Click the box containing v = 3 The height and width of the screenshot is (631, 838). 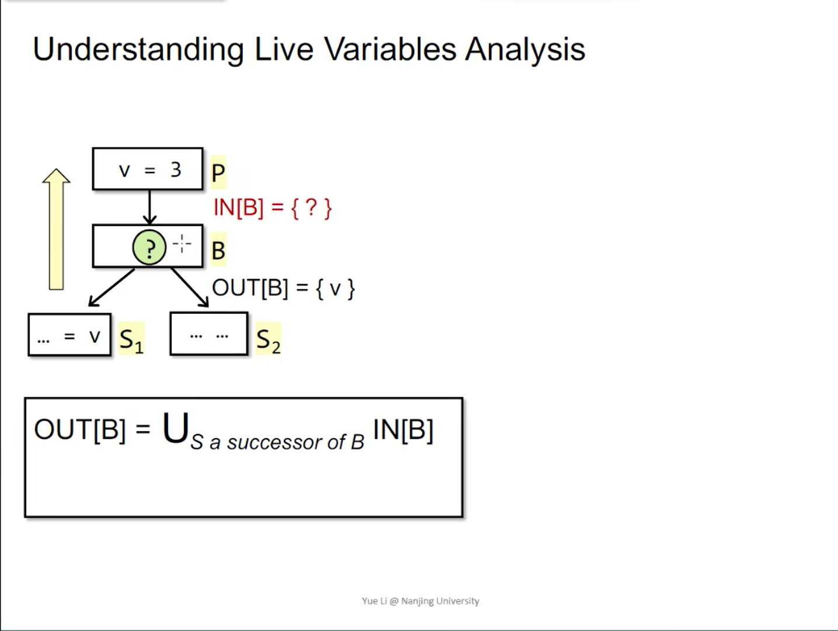coord(148,169)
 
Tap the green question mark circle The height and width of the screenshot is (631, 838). coord(149,248)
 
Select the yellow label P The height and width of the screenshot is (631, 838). coord(218,172)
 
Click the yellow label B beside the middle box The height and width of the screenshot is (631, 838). coord(218,251)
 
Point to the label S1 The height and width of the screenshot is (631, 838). coord(131,339)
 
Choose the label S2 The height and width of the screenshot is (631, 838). coord(268,339)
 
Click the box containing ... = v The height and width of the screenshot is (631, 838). coord(69,335)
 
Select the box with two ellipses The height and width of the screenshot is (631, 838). coord(208,334)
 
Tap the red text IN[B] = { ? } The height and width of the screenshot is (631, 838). coord(273,208)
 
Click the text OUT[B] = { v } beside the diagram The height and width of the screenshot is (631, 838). coord(283,288)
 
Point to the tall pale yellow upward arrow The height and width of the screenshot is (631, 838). coord(56,229)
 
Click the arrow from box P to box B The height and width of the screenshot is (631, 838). coord(149,207)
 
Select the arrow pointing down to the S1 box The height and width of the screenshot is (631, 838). coord(111,287)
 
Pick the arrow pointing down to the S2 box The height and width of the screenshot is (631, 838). coord(190,287)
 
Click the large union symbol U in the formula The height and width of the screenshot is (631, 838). coord(175,428)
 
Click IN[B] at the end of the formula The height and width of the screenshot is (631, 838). coord(403,430)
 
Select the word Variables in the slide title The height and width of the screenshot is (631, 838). coord(390,49)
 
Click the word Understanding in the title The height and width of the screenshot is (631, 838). coord(138,49)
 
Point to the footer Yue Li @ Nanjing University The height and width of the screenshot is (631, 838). coord(420,601)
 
